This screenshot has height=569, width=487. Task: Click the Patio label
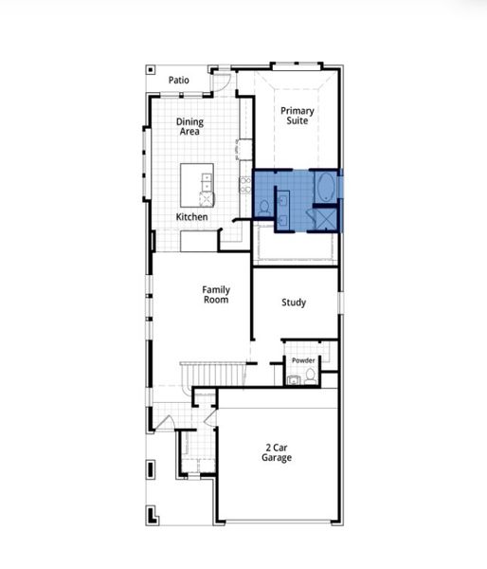point(178,81)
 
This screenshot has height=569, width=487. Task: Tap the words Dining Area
point(190,127)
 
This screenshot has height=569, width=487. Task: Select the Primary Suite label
point(298,117)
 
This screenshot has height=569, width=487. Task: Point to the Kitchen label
point(191,217)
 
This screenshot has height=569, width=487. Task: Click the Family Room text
point(216,294)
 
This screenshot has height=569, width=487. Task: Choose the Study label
point(294,303)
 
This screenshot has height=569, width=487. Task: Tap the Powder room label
point(303,361)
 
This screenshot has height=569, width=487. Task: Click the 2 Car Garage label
point(277,451)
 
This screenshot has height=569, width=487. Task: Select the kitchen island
point(197,187)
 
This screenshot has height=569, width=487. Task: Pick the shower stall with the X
point(324,219)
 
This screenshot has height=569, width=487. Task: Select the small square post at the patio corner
point(149,69)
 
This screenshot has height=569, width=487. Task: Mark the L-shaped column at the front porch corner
point(150,516)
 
